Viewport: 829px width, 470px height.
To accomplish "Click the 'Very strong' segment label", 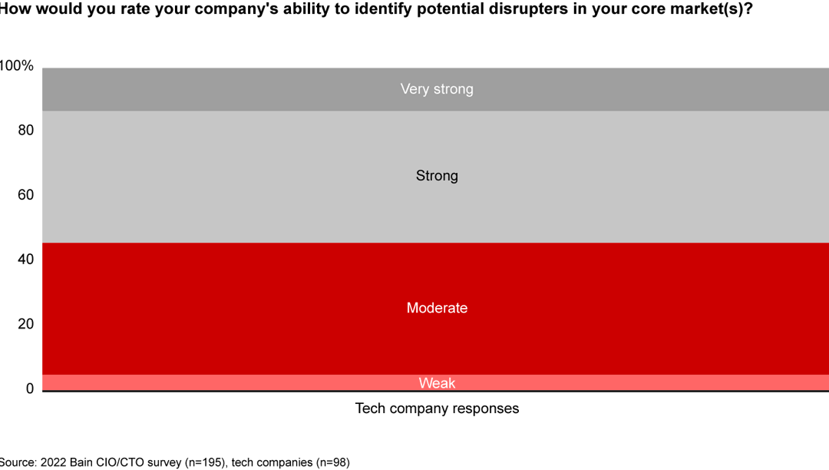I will tap(437, 89).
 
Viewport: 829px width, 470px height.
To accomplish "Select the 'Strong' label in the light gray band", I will tap(437, 176).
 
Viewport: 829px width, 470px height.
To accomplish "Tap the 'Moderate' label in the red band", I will tap(437, 308).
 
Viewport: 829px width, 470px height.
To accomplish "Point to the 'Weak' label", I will tap(437, 383).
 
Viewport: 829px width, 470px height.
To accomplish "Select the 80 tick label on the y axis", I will tap(26, 131).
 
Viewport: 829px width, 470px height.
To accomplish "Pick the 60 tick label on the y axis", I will tap(26, 195).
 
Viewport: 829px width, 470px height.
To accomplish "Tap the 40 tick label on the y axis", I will tap(26, 260).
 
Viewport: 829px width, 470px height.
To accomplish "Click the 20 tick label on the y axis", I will tap(26, 324).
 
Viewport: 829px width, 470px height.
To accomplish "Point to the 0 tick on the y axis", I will tap(30, 389).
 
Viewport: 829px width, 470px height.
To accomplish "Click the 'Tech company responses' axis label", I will tap(437, 409).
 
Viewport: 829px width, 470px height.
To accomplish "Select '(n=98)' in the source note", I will tap(330, 463).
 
